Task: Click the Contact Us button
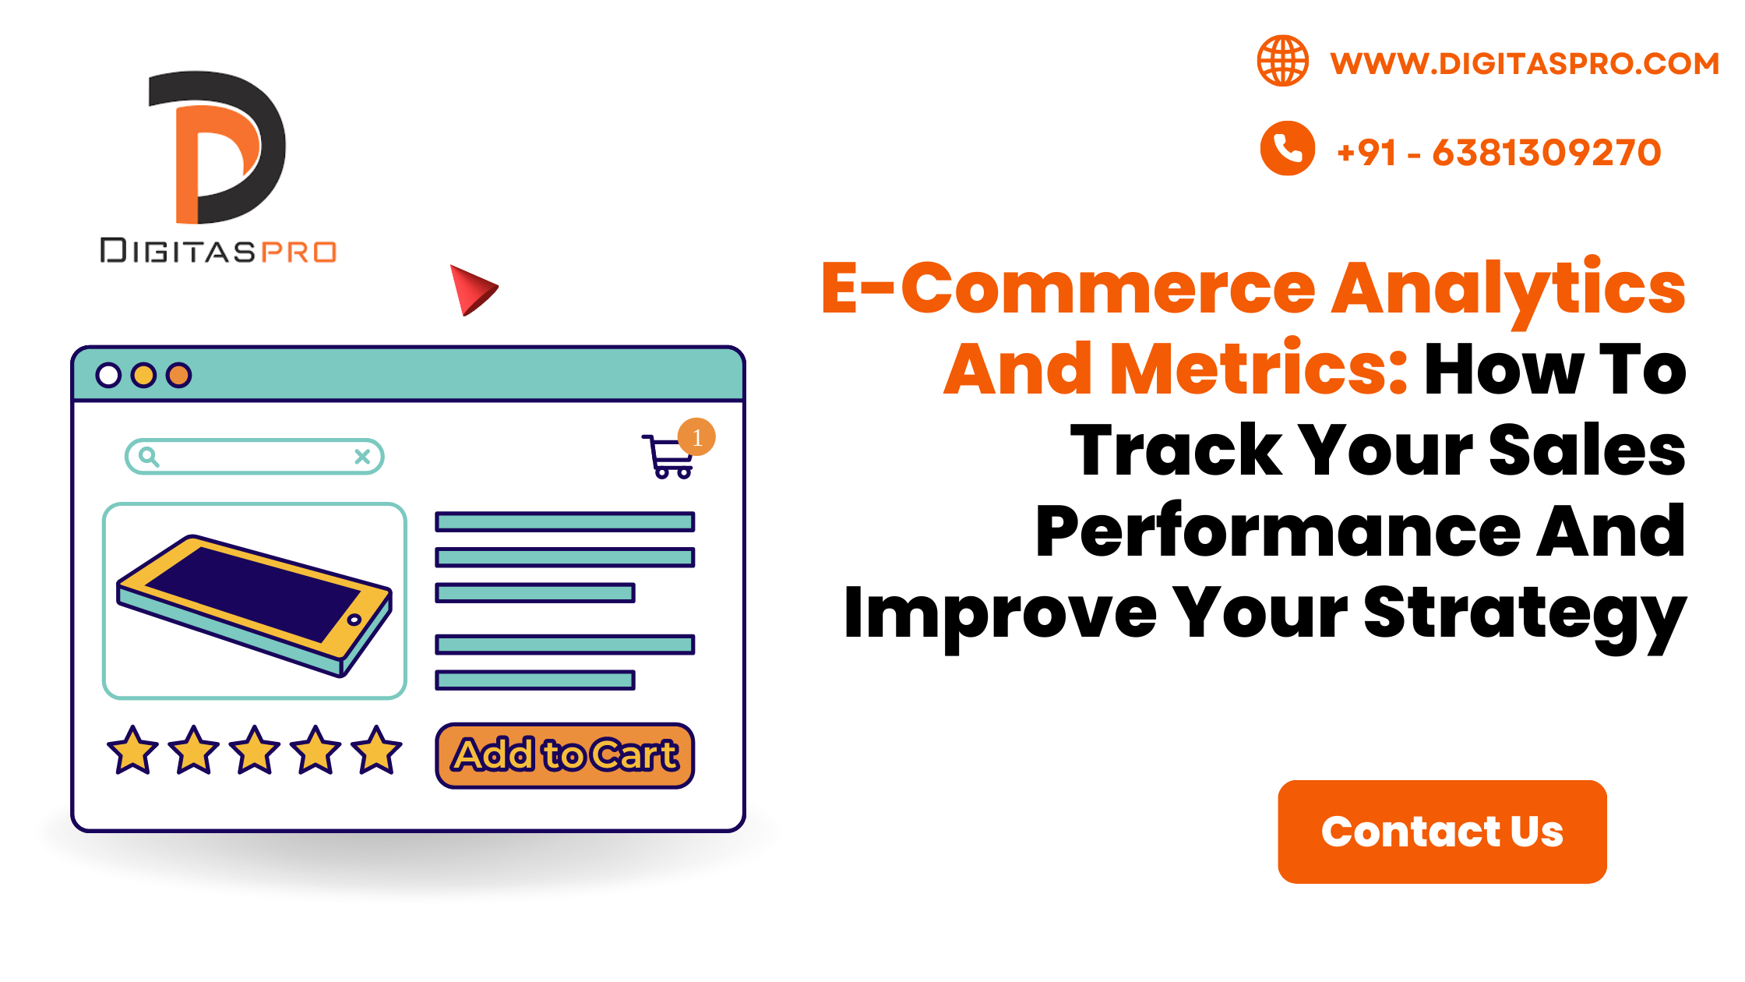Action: tap(1442, 832)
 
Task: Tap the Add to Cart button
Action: tap(565, 755)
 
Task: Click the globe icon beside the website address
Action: tap(1282, 61)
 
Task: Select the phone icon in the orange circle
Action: tap(1287, 148)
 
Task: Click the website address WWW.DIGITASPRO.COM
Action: tap(1525, 63)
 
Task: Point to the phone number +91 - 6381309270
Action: tap(1499, 152)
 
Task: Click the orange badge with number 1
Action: tap(696, 437)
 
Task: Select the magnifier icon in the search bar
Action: tap(148, 457)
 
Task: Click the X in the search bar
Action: tap(362, 457)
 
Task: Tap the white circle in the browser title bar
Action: tap(108, 375)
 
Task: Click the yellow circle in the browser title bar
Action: tap(143, 375)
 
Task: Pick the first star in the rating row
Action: tap(132, 751)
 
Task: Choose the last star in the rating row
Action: tap(377, 751)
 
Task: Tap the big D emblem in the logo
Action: tap(217, 147)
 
